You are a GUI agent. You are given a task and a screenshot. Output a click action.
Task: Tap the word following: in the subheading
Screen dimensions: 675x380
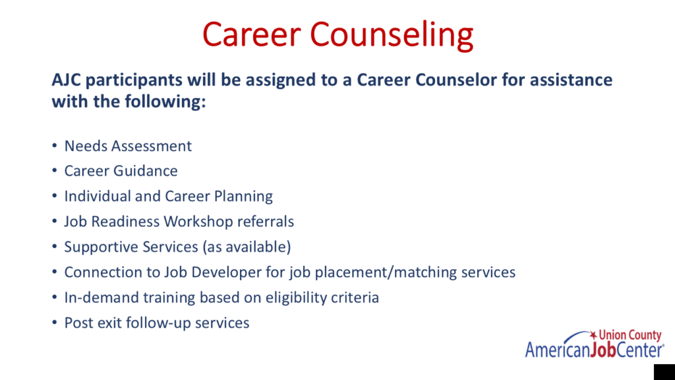[165, 102]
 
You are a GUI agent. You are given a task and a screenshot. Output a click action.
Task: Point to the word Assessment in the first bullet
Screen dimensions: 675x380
[152, 146]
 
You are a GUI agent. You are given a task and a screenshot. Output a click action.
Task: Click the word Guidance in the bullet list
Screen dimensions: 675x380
[145, 171]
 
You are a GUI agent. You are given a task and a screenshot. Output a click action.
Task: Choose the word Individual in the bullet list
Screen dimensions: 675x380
[98, 196]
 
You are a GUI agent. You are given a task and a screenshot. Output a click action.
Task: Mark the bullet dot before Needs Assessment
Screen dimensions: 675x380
[55, 146]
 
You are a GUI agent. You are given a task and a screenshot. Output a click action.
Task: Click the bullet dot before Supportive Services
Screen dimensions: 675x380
[55, 247]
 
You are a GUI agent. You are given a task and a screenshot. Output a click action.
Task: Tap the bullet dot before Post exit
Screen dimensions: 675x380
[55, 323]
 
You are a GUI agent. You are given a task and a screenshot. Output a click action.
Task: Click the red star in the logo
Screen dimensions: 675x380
[593, 334]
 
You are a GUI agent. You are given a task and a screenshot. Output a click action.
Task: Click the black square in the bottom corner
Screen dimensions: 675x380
[664, 372]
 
